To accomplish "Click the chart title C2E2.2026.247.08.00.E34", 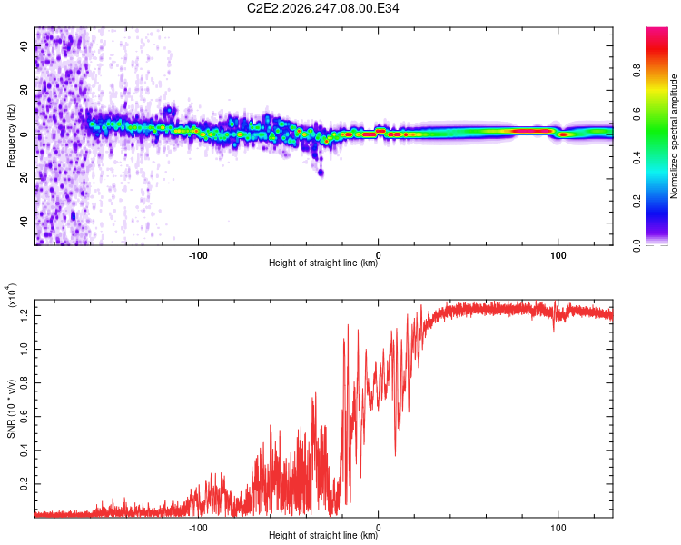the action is (322, 8).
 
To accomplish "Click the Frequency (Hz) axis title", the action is (11, 136).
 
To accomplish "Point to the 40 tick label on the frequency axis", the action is (24, 46).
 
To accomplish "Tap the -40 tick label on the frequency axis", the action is (24, 224).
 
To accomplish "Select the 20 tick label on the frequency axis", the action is (24, 91).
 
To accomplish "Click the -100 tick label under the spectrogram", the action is (198, 255).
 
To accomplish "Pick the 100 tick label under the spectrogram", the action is (558, 255).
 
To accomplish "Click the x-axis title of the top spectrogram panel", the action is (323, 263).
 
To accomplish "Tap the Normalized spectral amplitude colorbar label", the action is (674, 136).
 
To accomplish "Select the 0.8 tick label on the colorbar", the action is (637, 71).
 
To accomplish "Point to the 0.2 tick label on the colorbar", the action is (637, 202).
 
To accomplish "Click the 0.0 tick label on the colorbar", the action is (637, 246).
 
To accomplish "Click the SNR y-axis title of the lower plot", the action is (11, 409).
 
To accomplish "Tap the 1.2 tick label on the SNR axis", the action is (24, 316).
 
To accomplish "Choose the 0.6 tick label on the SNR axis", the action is (24, 417).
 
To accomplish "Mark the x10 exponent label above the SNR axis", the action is (12, 295).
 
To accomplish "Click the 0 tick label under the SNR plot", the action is (379, 528).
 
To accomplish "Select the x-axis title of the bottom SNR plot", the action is (323, 535).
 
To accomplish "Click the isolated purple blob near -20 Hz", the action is (321, 173).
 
